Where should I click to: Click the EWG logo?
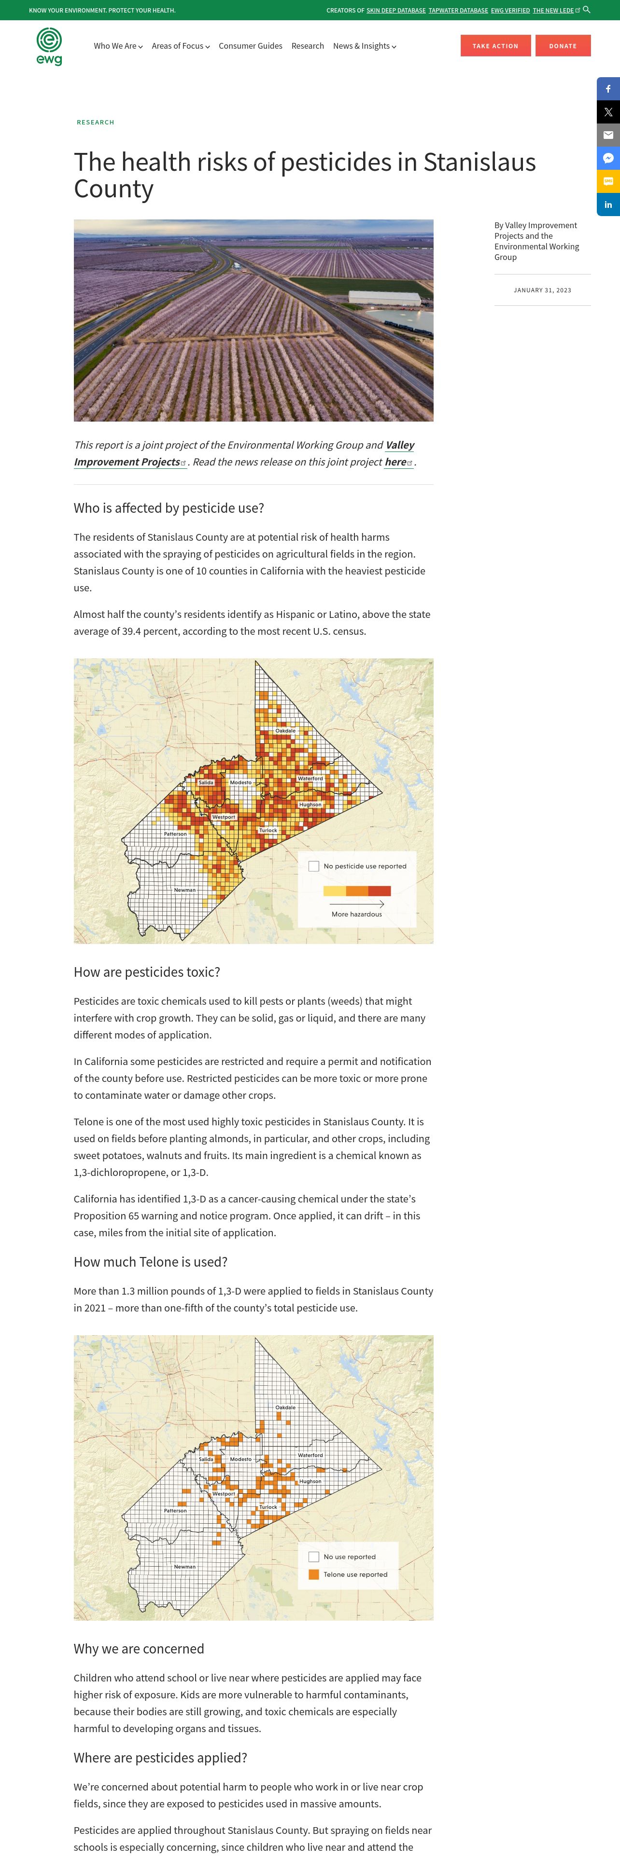pos(49,46)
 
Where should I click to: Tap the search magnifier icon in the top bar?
pos(587,9)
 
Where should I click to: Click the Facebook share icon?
pos(608,89)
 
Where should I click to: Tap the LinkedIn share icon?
pos(608,205)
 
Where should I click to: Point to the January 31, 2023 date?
pos(542,290)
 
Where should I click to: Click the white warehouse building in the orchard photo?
pos(385,297)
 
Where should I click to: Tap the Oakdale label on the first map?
pos(285,731)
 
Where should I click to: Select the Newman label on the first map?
pos(185,890)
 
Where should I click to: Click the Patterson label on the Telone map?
pos(175,1510)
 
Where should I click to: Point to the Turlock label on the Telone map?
pos(268,1507)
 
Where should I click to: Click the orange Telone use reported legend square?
pos(314,1574)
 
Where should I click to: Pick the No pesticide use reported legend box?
pos(314,866)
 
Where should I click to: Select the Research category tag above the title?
pos(95,123)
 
